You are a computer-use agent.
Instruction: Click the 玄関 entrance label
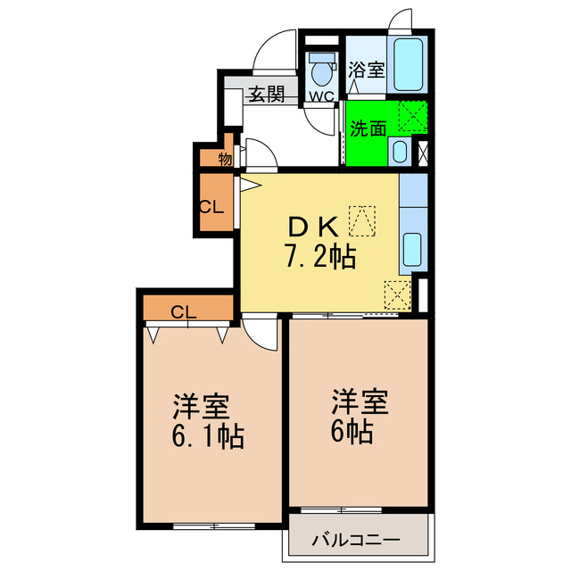[266, 94]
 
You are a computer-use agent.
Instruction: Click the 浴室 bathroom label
[366, 70]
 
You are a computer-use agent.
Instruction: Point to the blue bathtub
[410, 63]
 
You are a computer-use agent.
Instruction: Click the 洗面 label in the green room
[367, 128]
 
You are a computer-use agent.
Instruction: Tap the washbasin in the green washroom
[400, 152]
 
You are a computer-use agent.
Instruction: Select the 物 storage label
[225, 160]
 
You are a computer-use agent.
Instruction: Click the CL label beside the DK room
[211, 207]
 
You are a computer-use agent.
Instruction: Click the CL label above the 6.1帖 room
[184, 311]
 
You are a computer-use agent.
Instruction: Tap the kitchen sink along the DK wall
[413, 249]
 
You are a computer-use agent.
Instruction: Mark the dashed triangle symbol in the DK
[363, 219]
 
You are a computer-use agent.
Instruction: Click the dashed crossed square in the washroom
[411, 116]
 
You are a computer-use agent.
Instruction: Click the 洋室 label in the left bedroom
[202, 406]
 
